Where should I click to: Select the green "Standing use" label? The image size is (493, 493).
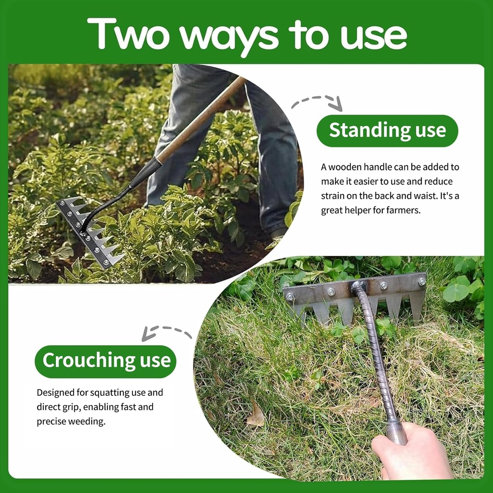click(387, 130)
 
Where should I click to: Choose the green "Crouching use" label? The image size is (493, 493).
click(106, 361)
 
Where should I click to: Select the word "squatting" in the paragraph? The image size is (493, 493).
click(115, 392)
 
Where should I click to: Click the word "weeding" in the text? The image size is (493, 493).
click(87, 421)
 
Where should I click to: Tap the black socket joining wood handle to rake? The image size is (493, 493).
click(144, 172)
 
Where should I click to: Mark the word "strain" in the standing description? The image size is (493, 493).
click(334, 196)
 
